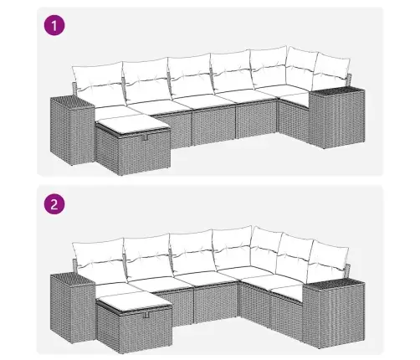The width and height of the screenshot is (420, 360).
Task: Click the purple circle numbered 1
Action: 54,26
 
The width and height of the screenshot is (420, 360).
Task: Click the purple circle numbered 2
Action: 54,204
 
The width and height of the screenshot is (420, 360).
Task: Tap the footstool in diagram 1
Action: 133,145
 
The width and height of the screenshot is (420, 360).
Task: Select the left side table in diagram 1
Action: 73,130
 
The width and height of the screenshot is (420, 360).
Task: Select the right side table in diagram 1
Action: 337,118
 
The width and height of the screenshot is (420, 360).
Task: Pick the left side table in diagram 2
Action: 73,308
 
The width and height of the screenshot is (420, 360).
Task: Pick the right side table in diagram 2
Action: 334,313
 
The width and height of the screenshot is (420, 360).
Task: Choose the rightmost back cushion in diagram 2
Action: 329,257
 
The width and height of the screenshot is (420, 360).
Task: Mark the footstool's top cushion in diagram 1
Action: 133,124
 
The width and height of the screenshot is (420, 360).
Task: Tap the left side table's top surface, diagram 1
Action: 73,101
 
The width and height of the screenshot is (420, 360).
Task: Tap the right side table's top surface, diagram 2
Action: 334,284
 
